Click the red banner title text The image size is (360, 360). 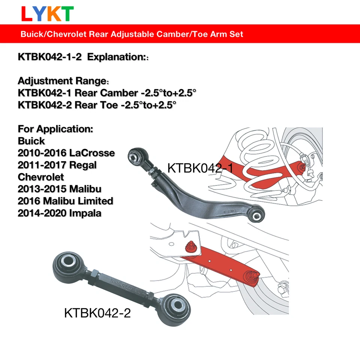pos(132,34)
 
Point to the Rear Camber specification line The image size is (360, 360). pos(106,93)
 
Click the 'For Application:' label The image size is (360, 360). pos(55,129)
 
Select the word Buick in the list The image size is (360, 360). pos(31,141)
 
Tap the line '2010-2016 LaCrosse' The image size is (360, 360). pos(66,153)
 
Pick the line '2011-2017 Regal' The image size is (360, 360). pos(57,165)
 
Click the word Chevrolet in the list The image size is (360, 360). pos(41,177)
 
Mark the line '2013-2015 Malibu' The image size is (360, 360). pos(59,189)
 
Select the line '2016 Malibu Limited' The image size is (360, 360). pos(65,201)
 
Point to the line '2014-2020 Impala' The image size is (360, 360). pos(59,213)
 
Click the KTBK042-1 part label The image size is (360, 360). pos(200,168)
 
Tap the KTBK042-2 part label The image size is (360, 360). pos(97,313)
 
